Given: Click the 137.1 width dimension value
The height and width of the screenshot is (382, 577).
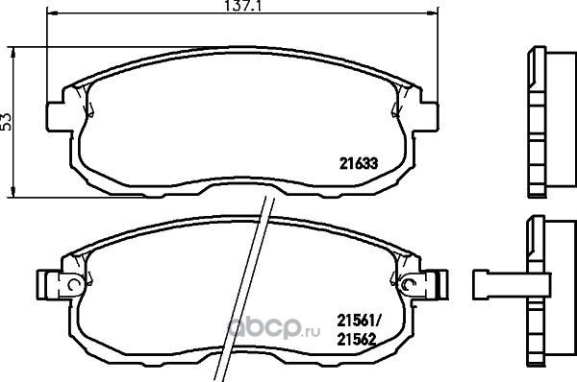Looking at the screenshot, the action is tap(243, 6).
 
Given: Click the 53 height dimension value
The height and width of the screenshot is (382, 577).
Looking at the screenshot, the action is tap(7, 122).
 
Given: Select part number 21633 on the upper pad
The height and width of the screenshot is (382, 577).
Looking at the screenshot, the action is tap(359, 164).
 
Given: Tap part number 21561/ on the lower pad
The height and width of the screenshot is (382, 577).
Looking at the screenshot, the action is tap(359, 322).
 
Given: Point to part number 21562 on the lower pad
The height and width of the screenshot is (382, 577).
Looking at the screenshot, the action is tap(357, 340).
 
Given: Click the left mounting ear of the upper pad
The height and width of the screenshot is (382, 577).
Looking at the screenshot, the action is tap(58, 116).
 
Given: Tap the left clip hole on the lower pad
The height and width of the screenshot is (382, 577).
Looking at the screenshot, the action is tap(75, 284).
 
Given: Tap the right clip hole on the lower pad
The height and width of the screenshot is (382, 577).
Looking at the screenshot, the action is tap(408, 285).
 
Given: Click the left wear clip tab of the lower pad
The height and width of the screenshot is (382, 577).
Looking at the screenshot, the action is tap(49, 285).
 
